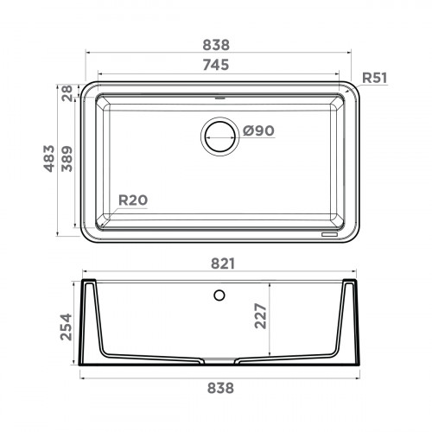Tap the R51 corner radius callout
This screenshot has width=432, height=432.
pos(374,78)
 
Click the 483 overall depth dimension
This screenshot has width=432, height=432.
pos(51,159)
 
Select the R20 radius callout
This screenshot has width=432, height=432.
pos(132,200)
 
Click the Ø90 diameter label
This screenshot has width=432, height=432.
pos(258,130)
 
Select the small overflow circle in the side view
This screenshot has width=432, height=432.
pos(219,295)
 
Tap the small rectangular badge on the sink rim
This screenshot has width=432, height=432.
pos(331,233)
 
